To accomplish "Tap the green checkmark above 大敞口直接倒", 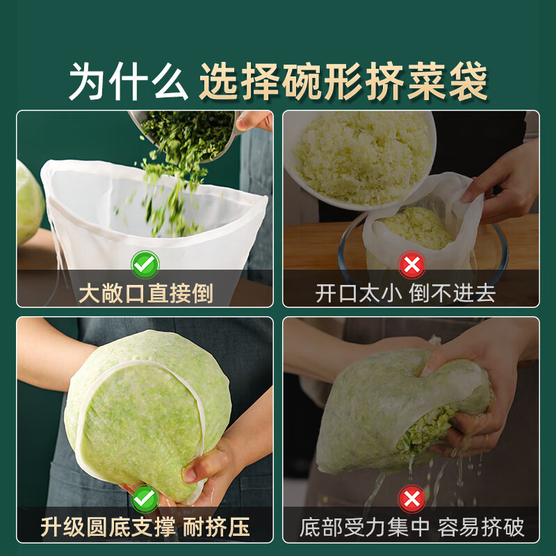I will [x=145, y=265].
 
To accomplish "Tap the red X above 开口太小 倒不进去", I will [x=411, y=265].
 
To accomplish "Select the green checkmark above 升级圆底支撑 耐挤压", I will [x=145, y=498].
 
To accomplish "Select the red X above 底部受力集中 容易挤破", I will [x=411, y=498].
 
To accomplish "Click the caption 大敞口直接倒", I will [x=145, y=293].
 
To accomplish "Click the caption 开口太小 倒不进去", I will [x=405, y=293].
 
